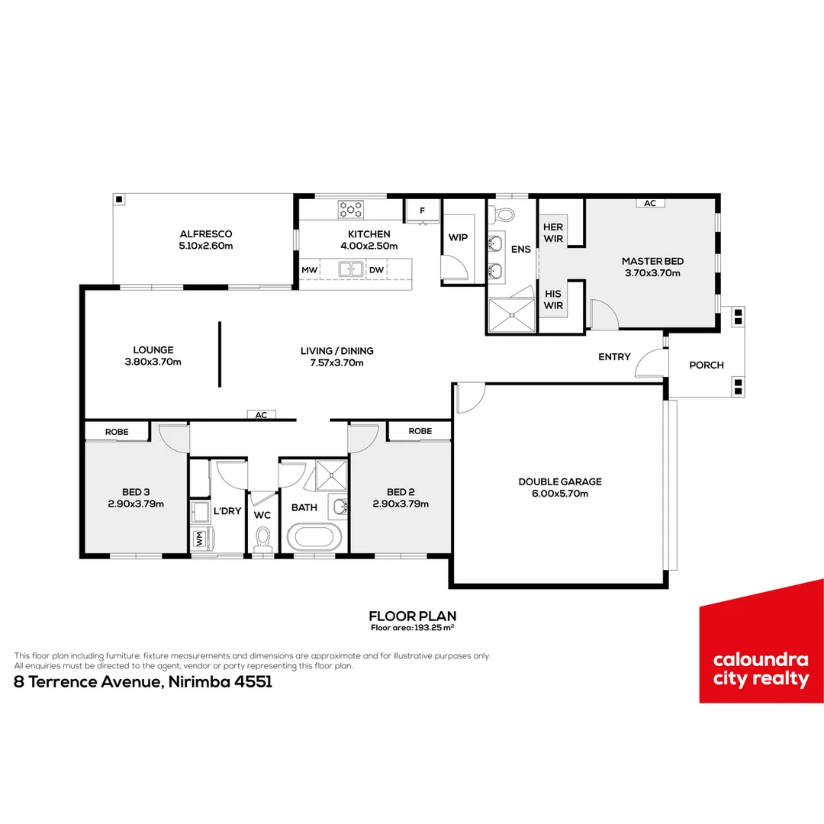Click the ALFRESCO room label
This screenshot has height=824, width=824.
click(x=206, y=234)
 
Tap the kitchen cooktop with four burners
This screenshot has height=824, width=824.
click(x=350, y=210)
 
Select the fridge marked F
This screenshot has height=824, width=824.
click(x=423, y=211)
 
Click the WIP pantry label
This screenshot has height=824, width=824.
click(x=459, y=237)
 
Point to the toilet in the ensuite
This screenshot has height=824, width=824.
click(x=504, y=214)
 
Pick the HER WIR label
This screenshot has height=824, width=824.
click(x=553, y=233)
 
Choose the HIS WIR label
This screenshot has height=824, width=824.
click(x=553, y=300)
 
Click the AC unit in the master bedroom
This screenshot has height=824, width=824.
click(x=650, y=204)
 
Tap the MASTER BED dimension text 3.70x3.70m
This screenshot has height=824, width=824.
click(x=652, y=273)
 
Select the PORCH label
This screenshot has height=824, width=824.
click(x=707, y=365)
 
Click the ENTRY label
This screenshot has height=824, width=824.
click(x=614, y=357)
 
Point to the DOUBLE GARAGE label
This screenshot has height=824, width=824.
click(x=560, y=482)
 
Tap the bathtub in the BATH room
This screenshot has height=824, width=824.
click(x=314, y=537)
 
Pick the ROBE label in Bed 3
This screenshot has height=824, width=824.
click(x=117, y=432)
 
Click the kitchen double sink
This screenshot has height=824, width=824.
click(x=351, y=269)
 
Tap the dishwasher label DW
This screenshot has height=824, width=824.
click(x=376, y=270)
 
